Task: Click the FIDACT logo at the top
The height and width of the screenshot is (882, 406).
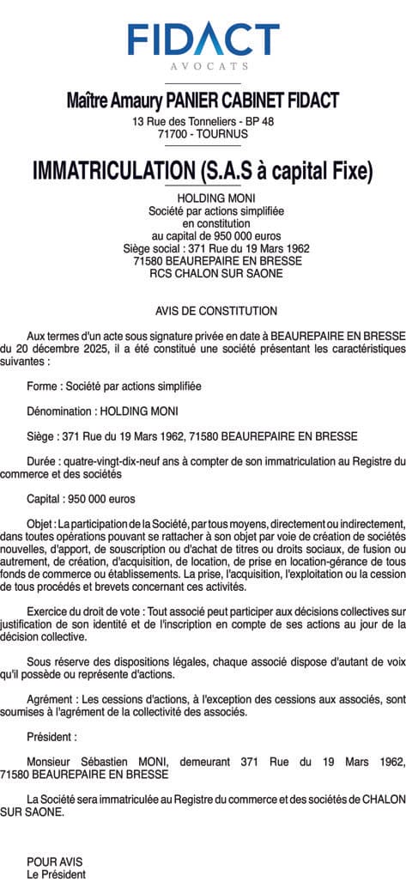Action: [203, 39]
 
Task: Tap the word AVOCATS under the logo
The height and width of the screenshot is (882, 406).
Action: [203, 66]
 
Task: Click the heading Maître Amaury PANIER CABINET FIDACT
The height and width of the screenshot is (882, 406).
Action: [203, 100]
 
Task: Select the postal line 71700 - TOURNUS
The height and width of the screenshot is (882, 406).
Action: [203, 135]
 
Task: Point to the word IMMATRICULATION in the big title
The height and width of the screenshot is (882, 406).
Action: [111, 170]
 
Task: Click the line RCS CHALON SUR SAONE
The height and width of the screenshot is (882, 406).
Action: [203, 274]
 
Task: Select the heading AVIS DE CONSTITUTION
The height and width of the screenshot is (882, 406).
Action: [203, 310]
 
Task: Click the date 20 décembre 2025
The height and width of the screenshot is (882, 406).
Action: [60, 350]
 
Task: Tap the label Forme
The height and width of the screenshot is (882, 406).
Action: [43, 386]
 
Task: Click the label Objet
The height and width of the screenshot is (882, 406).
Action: [40, 523]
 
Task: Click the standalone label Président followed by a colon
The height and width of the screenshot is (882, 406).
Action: [52, 736]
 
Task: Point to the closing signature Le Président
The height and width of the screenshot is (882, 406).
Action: [57, 874]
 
